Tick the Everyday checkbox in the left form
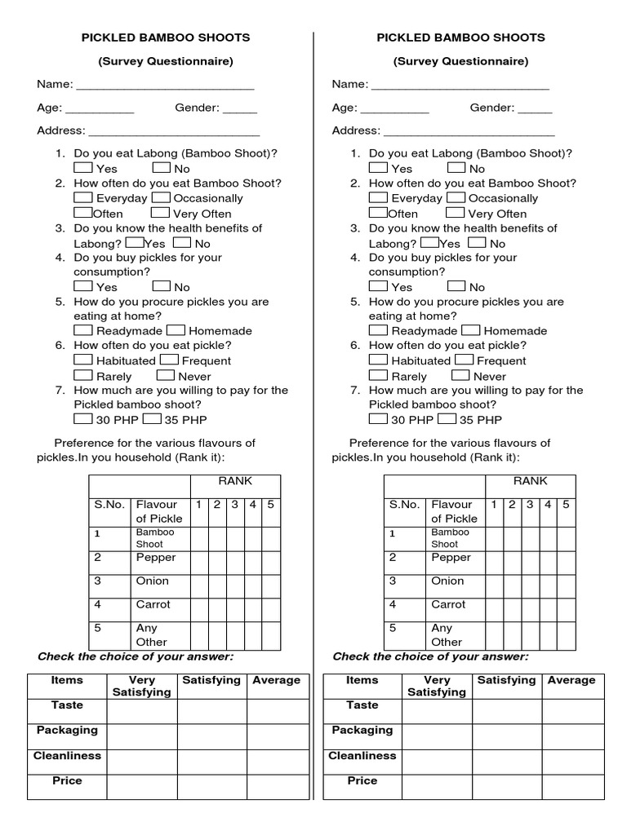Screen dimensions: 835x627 83,197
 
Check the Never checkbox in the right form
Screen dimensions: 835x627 460,375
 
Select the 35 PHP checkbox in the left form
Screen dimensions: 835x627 152,419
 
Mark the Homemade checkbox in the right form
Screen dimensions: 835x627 470,330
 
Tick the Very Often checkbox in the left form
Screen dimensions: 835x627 161,213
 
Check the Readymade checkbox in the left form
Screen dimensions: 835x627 83,330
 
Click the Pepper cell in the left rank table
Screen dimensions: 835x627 156,558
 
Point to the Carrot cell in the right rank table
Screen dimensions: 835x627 448,605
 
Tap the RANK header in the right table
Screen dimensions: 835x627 530,481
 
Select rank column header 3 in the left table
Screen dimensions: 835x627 234,505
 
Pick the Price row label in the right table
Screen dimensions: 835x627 362,781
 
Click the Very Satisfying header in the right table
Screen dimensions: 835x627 437,686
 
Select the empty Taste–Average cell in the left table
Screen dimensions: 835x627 276,711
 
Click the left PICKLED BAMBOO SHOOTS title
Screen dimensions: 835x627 165,38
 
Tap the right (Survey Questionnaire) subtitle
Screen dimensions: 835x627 460,61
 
